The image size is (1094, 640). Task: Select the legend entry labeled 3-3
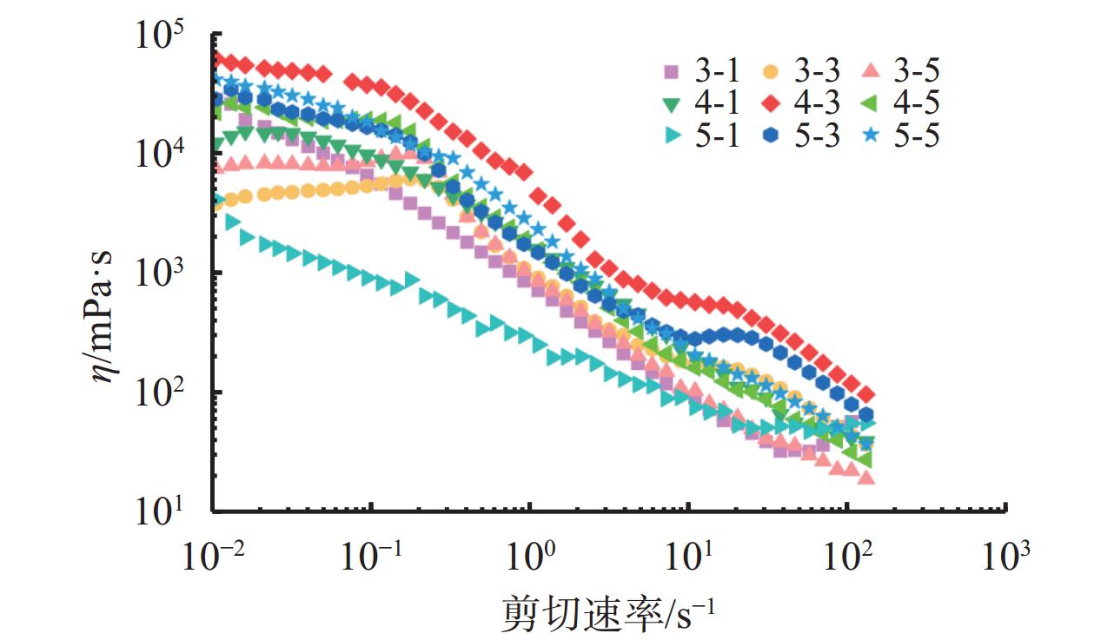tap(798, 70)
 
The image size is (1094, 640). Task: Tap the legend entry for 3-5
tap(898, 70)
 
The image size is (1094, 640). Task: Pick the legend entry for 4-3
tap(798, 103)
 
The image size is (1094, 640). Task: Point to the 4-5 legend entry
tap(898, 103)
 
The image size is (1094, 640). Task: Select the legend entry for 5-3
tap(798, 136)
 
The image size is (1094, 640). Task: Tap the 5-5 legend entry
tap(898, 136)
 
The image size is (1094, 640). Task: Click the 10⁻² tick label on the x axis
tap(212, 553)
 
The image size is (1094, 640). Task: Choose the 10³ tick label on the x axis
tap(1005, 553)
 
